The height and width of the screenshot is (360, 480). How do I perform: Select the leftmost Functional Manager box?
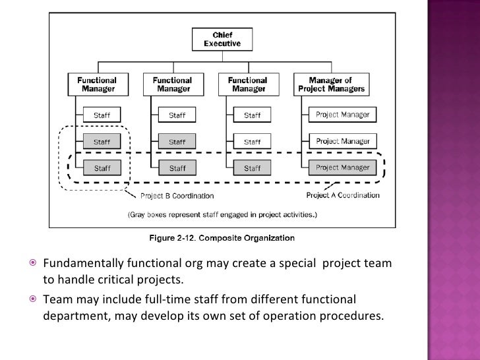click(98, 84)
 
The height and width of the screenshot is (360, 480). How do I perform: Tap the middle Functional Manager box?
click(172, 84)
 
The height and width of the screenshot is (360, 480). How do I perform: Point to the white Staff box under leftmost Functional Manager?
click(102, 115)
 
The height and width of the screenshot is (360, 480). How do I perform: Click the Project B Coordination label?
click(177, 195)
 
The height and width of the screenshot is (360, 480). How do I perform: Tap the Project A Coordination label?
click(343, 195)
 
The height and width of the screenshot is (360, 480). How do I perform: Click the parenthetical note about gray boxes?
click(222, 215)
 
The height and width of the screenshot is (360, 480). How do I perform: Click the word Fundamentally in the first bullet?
click(83, 265)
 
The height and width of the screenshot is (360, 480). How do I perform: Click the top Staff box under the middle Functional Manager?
click(177, 115)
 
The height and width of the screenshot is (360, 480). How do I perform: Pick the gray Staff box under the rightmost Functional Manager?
click(252, 168)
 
